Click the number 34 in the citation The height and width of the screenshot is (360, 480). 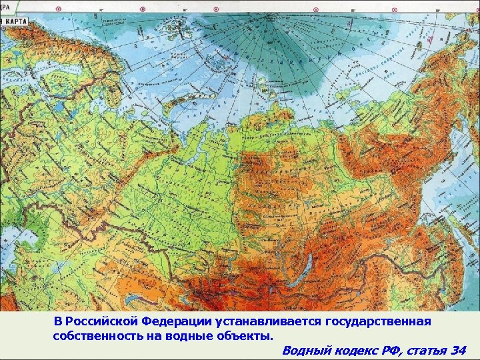point(458,350)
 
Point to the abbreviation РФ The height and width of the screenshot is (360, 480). point(382,350)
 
